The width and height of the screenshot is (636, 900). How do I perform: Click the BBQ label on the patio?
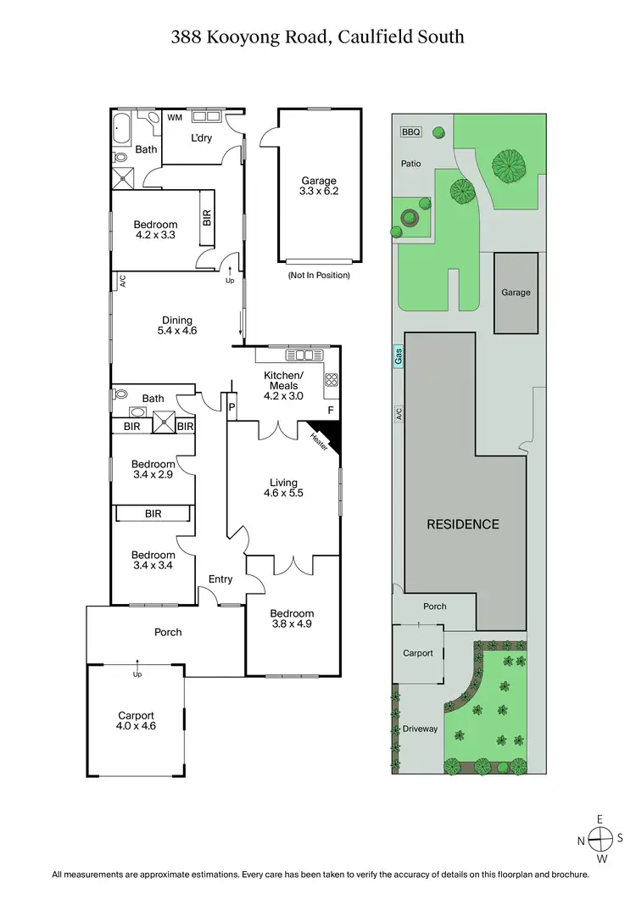pyautogui.click(x=410, y=131)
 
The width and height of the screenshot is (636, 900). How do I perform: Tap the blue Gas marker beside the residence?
pyautogui.click(x=398, y=360)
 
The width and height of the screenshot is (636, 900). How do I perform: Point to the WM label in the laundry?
pyautogui.click(x=175, y=118)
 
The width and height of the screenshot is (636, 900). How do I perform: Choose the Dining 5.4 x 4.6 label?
pyautogui.click(x=177, y=326)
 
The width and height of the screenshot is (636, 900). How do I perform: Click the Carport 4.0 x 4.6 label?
pyautogui.click(x=136, y=721)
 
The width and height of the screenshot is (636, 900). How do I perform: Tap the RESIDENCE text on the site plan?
pyautogui.click(x=463, y=523)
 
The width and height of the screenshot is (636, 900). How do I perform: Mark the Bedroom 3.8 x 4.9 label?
pyautogui.click(x=292, y=619)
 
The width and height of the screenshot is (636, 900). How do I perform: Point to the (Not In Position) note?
pyautogui.click(x=318, y=276)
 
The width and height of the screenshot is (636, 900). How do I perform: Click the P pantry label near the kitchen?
pyautogui.click(x=230, y=408)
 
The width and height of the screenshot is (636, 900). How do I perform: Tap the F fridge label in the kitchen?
pyautogui.click(x=331, y=411)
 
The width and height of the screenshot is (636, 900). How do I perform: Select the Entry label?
pyautogui.click(x=220, y=579)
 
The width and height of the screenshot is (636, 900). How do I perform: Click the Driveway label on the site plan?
pyautogui.click(x=420, y=729)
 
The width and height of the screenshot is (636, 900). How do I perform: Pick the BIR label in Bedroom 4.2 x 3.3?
pyautogui.click(x=206, y=217)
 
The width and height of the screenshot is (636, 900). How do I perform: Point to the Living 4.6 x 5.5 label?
pyautogui.click(x=282, y=487)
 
